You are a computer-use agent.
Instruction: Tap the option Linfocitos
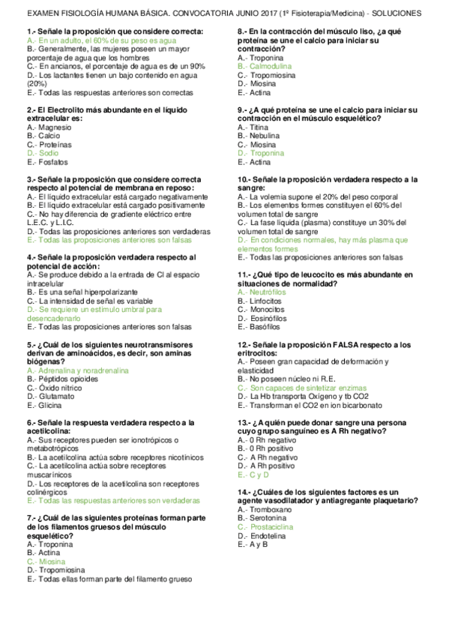(x=266, y=301)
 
